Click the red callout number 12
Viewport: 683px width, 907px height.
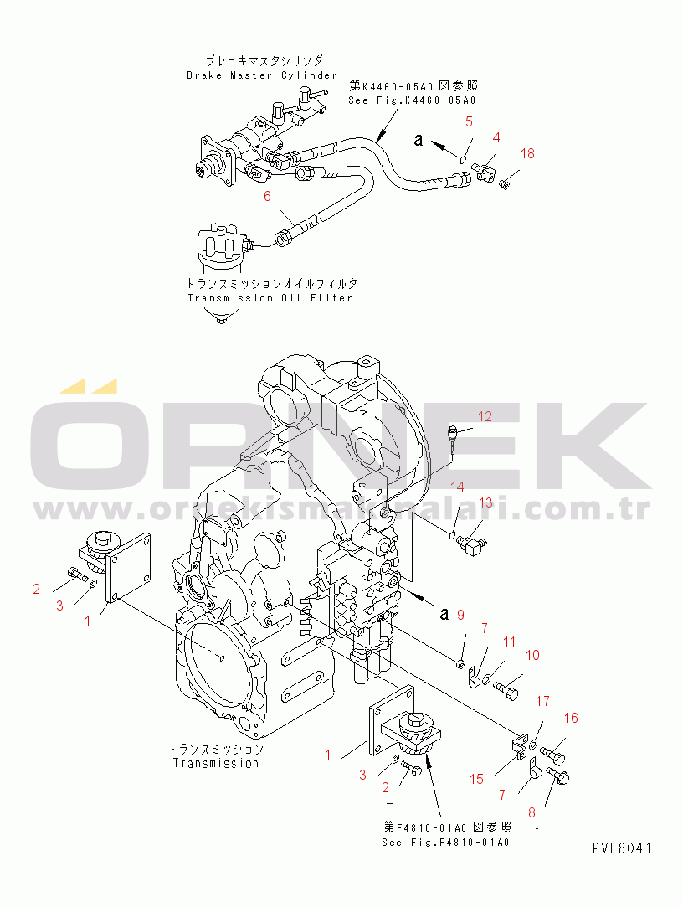(486, 416)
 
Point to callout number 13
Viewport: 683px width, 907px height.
(486, 502)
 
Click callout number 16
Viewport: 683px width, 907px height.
(571, 718)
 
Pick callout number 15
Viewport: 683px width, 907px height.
(476, 779)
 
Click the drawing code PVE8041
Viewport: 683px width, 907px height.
(621, 848)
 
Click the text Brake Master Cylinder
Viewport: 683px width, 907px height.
(261, 75)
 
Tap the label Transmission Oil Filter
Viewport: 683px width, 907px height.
(270, 298)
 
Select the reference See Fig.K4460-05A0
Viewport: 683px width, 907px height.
(412, 100)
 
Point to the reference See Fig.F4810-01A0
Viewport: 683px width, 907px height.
(444, 842)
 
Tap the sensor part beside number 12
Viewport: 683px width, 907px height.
(453, 435)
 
